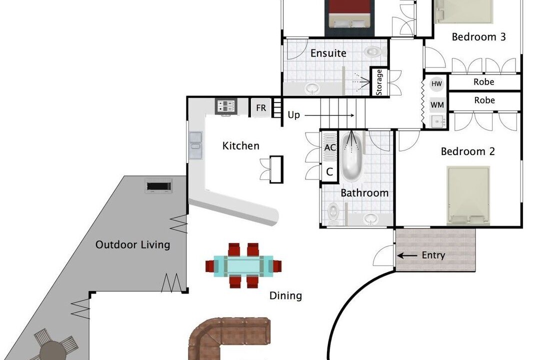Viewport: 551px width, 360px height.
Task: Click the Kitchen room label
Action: [x=240, y=145]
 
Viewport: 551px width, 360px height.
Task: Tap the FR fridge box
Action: [x=260, y=107]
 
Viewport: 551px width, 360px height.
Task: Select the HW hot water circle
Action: [x=436, y=83]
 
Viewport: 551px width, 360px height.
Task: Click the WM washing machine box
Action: [x=437, y=105]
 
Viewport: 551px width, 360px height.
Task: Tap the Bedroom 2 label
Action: [x=467, y=151]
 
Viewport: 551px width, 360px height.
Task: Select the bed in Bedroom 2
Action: [x=468, y=195]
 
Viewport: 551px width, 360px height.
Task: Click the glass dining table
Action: [x=243, y=265]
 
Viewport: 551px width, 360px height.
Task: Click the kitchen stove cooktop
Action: [x=226, y=106]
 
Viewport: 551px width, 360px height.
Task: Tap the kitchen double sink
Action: [x=195, y=145]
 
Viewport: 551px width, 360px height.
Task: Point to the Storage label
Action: [x=379, y=82]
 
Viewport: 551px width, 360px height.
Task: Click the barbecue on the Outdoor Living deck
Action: [x=159, y=185]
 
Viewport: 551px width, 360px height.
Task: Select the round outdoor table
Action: [x=51, y=350]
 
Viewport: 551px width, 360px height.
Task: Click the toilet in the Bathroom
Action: [x=333, y=212]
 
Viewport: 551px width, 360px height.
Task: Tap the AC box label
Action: [x=330, y=147]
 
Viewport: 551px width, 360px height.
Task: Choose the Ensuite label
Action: [x=328, y=53]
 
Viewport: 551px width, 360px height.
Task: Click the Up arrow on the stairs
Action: [x=329, y=115]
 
